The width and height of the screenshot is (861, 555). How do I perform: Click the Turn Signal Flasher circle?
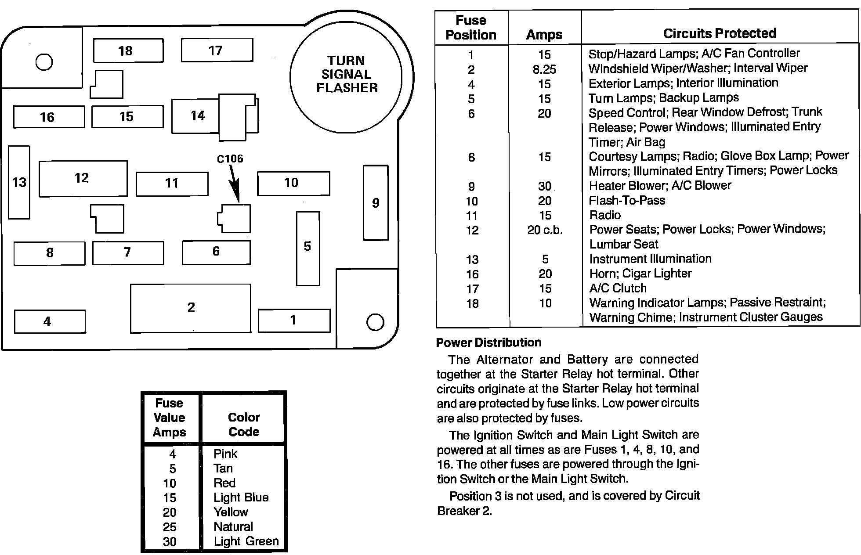tap(346, 75)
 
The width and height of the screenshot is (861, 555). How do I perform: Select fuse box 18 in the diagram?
tap(128, 50)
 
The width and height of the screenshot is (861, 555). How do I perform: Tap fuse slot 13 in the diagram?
tap(19, 182)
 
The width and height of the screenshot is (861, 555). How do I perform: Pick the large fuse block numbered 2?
tap(191, 308)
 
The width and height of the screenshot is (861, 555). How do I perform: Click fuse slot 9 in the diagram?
tap(376, 203)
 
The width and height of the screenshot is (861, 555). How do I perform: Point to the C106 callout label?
tap(230, 159)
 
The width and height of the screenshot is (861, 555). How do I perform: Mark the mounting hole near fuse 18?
tap(44, 61)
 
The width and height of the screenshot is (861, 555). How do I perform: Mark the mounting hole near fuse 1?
tap(375, 322)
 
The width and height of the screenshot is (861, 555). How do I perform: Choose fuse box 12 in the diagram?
tap(83, 178)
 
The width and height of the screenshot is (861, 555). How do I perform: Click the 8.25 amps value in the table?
tap(544, 69)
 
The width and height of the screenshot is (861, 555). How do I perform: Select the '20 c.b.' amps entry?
tap(545, 230)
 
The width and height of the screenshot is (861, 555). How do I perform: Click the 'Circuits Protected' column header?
tap(720, 33)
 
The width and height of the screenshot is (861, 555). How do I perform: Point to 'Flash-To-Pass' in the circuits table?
tap(627, 201)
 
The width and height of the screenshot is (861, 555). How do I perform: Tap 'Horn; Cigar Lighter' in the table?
tap(640, 274)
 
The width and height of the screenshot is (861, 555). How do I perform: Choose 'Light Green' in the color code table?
tap(246, 541)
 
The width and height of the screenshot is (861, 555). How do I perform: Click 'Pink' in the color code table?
tap(225, 454)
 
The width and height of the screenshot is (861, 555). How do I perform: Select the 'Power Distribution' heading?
tap(488, 342)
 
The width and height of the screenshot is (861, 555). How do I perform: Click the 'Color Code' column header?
tap(244, 424)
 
